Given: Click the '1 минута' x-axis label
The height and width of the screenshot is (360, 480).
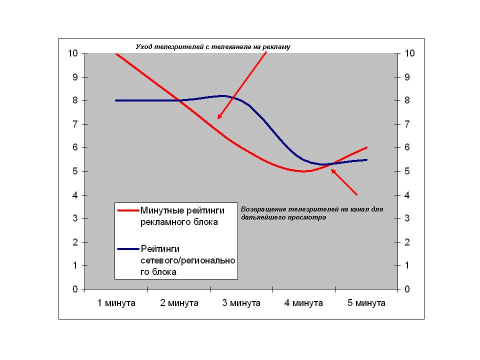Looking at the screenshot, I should click(x=116, y=303).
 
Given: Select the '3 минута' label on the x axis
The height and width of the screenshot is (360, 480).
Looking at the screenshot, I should click(x=241, y=303).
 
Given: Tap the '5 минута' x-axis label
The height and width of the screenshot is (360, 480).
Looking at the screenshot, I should click(x=366, y=303).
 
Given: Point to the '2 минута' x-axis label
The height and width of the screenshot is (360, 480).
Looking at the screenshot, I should click(x=178, y=303).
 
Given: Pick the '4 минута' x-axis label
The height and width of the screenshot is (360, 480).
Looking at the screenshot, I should click(x=303, y=303).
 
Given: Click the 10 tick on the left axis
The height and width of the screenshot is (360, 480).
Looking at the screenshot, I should click(x=73, y=53).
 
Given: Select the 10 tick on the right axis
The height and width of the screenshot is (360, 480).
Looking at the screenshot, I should click(x=410, y=53).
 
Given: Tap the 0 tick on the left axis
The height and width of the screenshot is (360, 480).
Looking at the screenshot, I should click(x=75, y=289).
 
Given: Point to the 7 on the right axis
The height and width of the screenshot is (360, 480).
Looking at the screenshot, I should click(x=407, y=124).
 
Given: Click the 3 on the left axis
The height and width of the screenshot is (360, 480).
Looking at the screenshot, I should click(x=75, y=218).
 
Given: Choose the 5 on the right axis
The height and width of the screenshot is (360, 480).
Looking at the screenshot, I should click(x=407, y=171).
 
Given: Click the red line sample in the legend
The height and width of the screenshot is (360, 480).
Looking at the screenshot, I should click(x=128, y=210).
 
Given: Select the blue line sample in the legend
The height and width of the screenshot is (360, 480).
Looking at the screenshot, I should click(x=128, y=248).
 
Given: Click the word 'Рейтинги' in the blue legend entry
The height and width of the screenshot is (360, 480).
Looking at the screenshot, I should click(x=160, y=248).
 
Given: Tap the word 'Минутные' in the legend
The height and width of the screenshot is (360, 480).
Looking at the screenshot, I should click(x=164, y=210).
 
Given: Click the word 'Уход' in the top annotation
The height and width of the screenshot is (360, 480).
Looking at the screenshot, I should click(x=144, y=46).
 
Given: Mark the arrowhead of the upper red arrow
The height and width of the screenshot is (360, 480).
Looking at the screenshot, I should click(x=218, y=117).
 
